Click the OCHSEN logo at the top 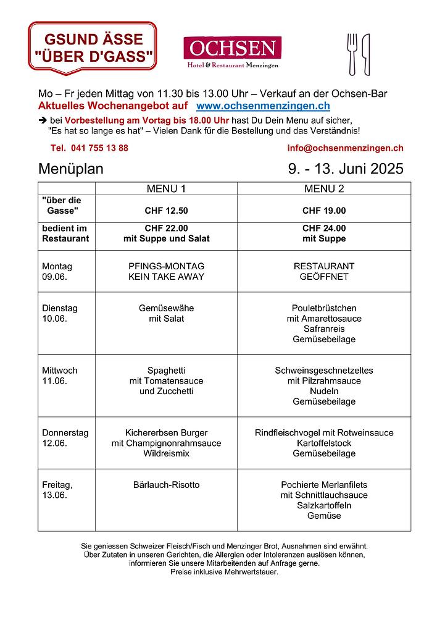coord(232,52)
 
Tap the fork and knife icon coord(359,54)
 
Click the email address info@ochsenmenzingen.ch coord(345,148)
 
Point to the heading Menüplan coord(71,169)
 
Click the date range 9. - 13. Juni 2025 coord(345,169)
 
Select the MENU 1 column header coord(166,188)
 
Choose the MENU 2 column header coord(324,188)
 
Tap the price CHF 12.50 coord(166,211)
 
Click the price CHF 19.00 coord(324,211)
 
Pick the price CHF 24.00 coord(324,228)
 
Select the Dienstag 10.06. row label coord(60,313)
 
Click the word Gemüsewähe coord(166,308)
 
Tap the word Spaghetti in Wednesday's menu coord(166,371)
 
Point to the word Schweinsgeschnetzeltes coord(324,371)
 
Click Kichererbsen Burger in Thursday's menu coord(166,433)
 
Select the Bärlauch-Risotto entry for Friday coord(166,485)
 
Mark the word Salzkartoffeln coord(324,505)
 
